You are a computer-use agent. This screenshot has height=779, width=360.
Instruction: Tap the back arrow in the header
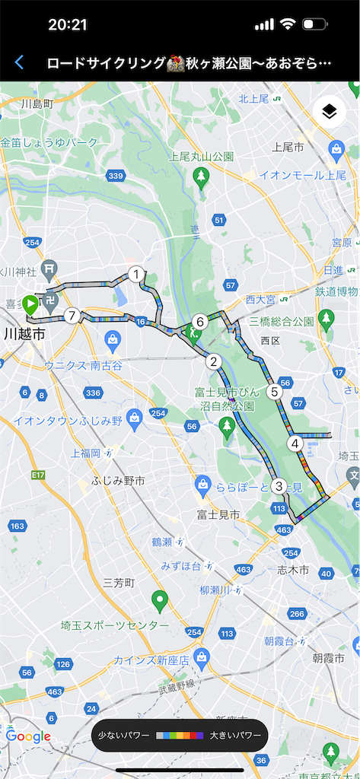click(19, 62)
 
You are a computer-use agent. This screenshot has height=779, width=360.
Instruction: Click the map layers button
click(329, 112)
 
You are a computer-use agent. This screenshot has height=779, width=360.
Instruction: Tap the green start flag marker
click(30, 305)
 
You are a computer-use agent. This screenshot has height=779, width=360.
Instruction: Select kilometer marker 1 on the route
click(136, 275)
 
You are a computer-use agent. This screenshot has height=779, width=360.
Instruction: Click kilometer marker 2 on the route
click(214, 362)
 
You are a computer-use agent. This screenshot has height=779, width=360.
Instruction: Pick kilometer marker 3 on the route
click(279, 485)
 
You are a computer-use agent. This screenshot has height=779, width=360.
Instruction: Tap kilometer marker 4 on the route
click(295, 444)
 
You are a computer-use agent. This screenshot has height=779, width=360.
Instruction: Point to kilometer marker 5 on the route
click(274, 393)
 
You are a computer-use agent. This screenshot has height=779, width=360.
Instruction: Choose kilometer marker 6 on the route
click(199, 322)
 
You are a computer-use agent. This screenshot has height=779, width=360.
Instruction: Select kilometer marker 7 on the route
click(72, 315)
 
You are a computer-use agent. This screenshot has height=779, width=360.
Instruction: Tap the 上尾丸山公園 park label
click(201, 157)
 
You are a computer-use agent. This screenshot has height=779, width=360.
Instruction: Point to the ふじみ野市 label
click(118, 481)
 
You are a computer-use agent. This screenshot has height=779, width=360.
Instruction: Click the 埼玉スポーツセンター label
click(115, 625)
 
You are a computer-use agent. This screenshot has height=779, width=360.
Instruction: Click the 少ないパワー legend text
click(123, 736)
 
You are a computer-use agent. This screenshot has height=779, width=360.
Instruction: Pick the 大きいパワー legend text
click(235, 736)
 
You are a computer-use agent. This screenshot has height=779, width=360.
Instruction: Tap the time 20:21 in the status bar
click(68, 24)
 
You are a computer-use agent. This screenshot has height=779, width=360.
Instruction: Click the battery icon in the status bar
click(314, 24)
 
